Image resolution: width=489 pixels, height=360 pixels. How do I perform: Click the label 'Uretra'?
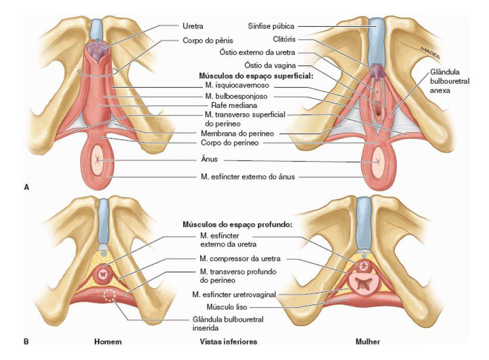click(x=193, y=26)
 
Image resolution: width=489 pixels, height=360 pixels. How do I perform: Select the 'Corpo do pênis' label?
click(x=208, y=41)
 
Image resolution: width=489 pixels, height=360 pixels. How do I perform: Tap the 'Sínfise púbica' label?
click(x=271, y=26)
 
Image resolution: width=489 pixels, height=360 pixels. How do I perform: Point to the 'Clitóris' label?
click(x=284, y=39)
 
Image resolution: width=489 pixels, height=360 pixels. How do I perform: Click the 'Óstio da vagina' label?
click(x=270, y=65)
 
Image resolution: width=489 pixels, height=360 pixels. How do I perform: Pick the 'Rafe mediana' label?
click(x=234, y=105)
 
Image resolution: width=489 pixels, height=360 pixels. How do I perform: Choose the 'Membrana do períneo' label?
click(x=237, y=134)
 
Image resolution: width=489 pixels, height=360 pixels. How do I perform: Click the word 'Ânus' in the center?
click(x=209, y=159)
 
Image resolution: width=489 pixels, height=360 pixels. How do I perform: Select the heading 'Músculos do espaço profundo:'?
click(x=237, y=224)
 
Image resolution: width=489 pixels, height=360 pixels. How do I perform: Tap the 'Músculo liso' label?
click(x=226, y=307)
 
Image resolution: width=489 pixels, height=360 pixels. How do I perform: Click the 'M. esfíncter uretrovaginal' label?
click(x=234, y=295)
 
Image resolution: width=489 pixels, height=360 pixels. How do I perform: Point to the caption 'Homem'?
click(x=108, y=341)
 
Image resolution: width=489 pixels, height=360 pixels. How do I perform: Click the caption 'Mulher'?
click(x=368, y=341)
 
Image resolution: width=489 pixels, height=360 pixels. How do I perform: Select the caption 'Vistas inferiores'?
click(x=228, y=341)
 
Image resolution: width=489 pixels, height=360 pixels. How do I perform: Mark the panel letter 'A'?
click(x=26, y=187)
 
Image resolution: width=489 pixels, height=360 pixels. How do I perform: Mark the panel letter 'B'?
click(x=26, y=341)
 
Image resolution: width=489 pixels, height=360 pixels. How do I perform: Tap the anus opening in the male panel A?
click(x=98, y=160)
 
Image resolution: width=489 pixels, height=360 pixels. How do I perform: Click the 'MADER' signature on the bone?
click(x=430, y=53)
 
